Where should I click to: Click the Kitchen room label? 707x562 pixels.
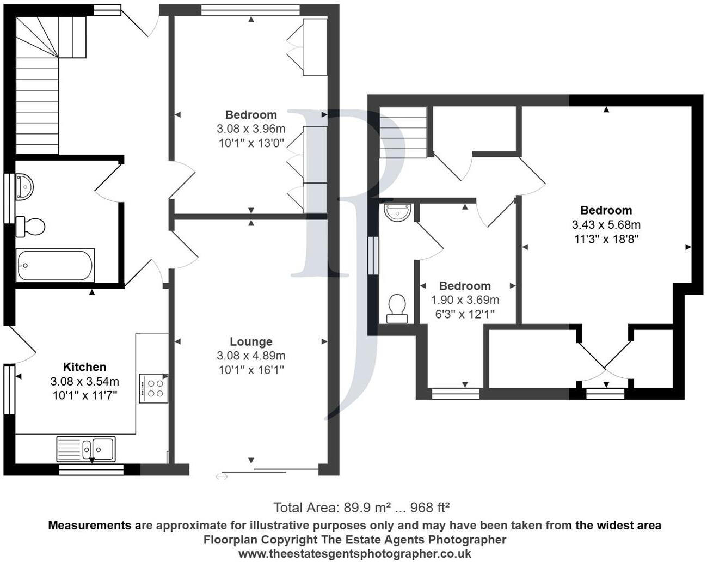(84, 367)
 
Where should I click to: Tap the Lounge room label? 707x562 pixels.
(251, 342)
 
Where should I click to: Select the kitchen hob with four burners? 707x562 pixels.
(153, 388)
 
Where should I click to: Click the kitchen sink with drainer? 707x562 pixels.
(85, 449)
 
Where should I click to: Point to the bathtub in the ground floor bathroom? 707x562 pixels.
(55, 265)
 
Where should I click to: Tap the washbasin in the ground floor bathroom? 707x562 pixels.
(24, 187)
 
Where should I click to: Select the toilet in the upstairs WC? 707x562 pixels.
(397, 308)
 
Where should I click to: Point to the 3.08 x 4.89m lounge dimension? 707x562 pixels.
(251, 356)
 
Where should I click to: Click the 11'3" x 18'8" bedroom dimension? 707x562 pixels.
(606, 239)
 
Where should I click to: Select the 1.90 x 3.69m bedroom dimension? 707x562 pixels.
(465, 300)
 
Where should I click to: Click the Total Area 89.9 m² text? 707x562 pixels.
(361, 508)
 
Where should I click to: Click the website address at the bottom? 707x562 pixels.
(355, 553)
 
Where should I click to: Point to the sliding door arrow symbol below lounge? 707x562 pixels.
(222, 477)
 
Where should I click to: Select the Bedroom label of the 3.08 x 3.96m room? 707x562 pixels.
(251, 115)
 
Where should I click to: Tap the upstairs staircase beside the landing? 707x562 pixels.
(403, 132)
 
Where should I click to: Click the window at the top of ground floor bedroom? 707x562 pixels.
(250, 9)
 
